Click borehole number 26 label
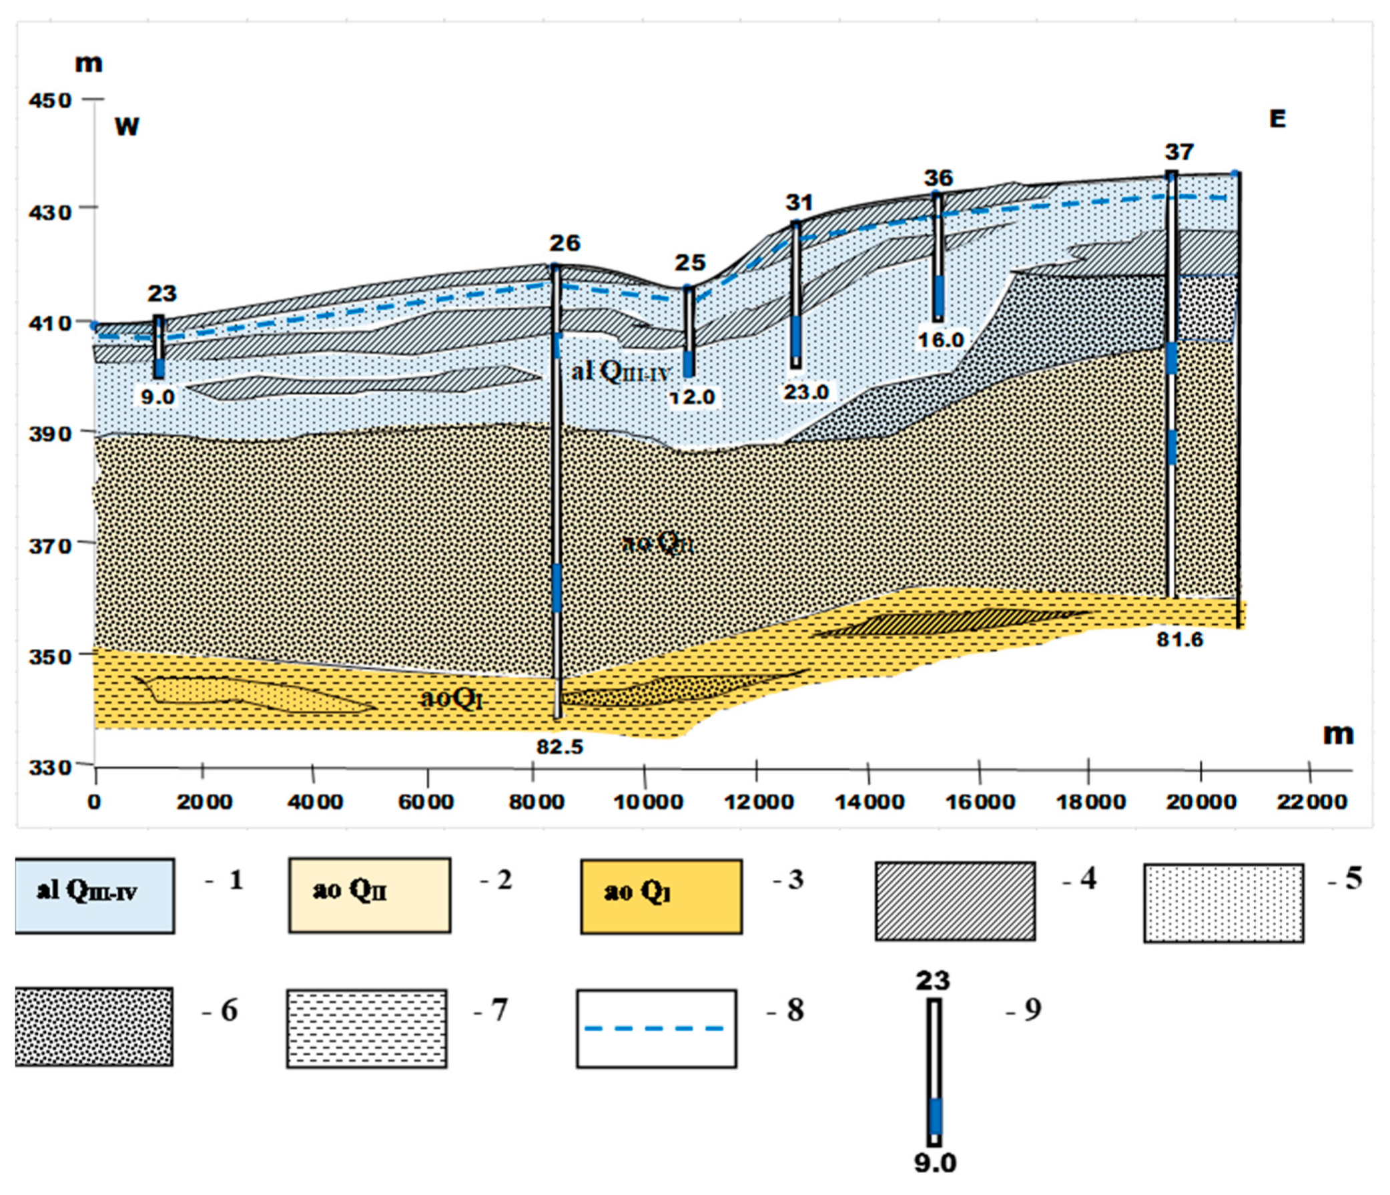click(564, 243)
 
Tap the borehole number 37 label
click(1178, 152)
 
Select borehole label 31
click(799, 202)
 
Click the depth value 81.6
click(1179, 640)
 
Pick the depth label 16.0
click(940, 340)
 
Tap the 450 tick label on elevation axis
click(49, 100)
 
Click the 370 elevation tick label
click(49, 545)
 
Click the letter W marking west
click(126, 126)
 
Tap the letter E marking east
click(1277, 119)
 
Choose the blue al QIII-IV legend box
click(95, 895)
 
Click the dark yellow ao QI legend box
click(661, 896)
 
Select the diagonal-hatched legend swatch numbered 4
click(955, 901)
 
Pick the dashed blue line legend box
click(656, 1028)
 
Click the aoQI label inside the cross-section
click(451, 698)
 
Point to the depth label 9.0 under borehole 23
click(157, 397)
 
